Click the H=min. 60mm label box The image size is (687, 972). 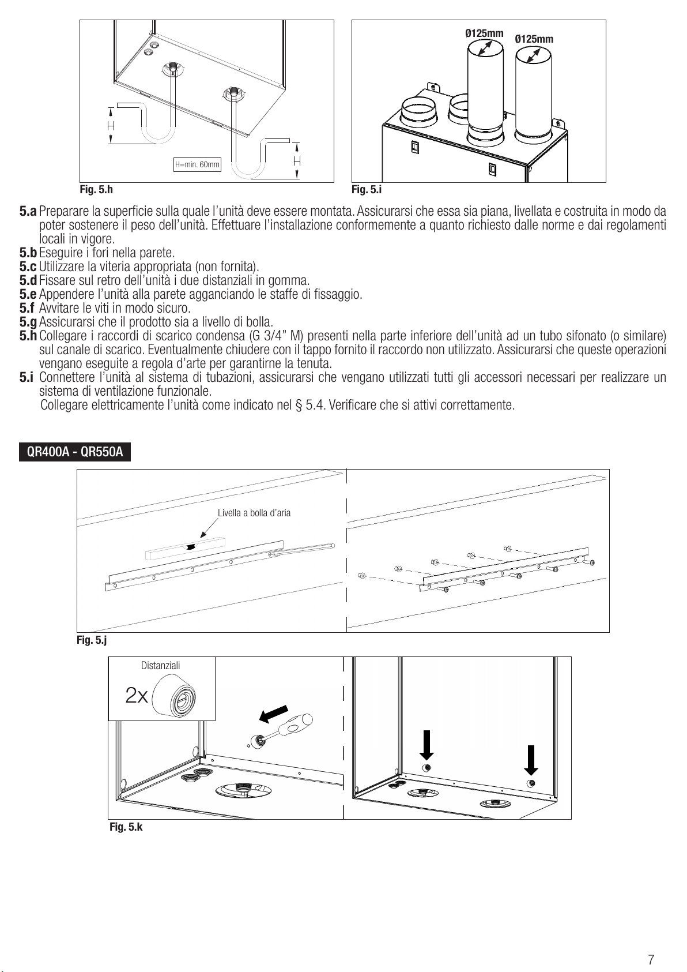197,165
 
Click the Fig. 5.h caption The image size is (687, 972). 96,189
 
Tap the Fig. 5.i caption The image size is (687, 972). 367,189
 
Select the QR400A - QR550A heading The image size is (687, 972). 75,452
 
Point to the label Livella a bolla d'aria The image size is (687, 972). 254,513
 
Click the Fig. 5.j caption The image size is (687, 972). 92,640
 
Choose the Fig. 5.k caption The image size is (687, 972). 126,827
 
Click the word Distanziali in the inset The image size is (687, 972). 160,666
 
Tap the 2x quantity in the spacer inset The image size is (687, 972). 137,696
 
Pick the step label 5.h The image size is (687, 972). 28,336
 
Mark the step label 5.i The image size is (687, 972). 27,378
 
